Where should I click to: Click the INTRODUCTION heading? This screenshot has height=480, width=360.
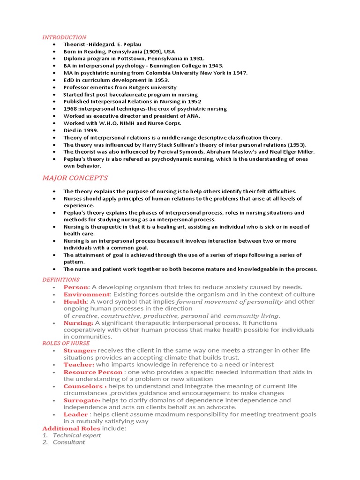coord(64,37)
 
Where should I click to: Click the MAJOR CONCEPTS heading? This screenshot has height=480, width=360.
coord(75,178)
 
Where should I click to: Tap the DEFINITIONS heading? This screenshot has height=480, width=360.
coord(61,279)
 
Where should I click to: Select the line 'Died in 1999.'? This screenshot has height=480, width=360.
coord(81,130)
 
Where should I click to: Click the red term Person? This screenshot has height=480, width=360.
coord(75,287)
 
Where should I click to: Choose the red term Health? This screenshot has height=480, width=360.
coord(75,302)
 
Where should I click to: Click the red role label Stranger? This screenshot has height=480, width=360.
coord(80,351)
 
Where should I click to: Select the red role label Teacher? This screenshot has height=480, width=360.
coord(79,365)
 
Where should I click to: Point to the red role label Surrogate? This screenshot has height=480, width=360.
coord(82,400)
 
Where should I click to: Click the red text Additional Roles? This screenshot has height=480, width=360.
coord(71,428)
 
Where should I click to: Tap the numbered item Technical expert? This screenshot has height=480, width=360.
coord(77,435)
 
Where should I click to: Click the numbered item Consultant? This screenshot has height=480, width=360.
coord(69,442)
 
